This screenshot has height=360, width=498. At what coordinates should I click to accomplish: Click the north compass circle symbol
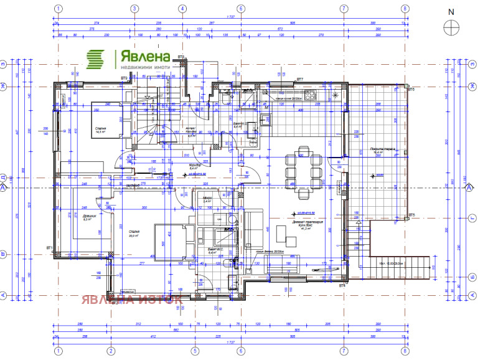[451, 27]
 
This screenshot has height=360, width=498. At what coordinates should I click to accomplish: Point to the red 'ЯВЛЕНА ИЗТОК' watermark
[131, 298]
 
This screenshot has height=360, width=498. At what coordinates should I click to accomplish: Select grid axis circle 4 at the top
[182, 9]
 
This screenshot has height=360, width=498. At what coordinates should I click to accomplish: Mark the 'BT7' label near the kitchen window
[300, 80]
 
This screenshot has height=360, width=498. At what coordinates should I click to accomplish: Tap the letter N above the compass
[451, 11]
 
